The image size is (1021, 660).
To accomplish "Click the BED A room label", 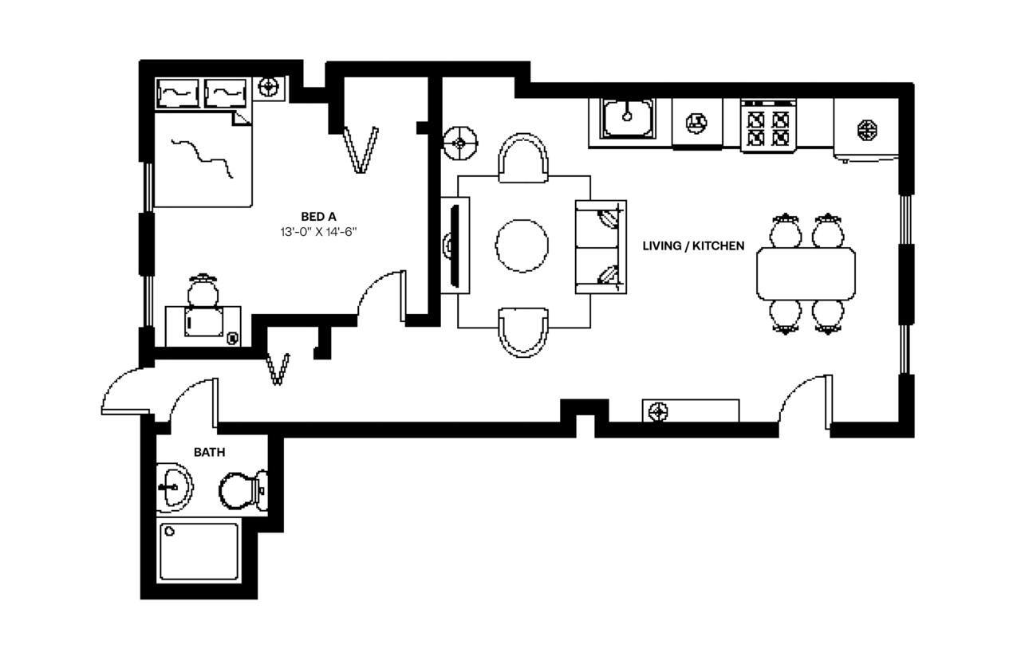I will [318, 216].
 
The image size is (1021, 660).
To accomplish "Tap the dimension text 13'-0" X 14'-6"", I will [318, 233].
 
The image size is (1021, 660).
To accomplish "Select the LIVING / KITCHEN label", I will [693, 246].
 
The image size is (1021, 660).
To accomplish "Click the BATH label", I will [209, 452].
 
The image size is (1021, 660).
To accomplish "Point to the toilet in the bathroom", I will [242, 490].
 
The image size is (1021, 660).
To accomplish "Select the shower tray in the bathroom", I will [199, 552].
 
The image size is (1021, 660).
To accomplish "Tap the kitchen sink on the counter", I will [628, 118].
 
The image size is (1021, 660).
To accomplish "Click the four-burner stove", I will [767, 126].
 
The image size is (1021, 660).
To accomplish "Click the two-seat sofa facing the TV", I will [601, 246].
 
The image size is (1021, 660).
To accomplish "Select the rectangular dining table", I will [806, 273].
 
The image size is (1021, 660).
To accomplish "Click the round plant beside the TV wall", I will [460, 143].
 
